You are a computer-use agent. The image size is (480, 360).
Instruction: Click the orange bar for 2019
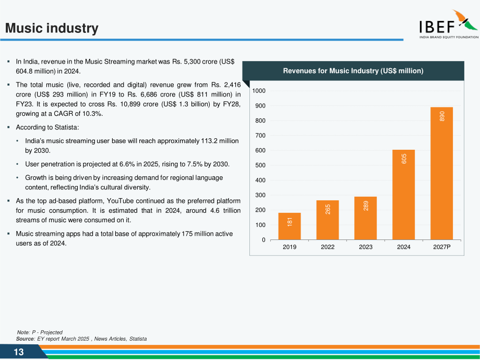point(289,226)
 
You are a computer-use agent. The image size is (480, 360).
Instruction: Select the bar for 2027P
point(441,173)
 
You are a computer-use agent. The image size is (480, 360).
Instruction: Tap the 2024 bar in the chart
point(403,195)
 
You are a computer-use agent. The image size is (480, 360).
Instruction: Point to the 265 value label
point(328,209)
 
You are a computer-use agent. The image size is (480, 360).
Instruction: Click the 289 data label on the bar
point(366,206)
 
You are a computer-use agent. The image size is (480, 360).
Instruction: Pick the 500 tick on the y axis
point(260,165)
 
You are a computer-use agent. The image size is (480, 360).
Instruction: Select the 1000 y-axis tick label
point(259,91)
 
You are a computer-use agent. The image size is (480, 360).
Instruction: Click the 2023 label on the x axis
point(366,247)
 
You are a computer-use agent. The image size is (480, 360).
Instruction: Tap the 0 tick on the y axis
point(263,240)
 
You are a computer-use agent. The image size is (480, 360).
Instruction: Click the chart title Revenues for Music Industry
point(353,71)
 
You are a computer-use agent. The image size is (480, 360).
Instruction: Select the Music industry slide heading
point(52,28)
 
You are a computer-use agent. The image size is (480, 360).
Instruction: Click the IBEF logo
point(449,24)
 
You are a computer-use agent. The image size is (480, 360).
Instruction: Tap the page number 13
point(19,352)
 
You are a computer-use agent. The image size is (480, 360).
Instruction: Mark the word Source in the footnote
point(26,339)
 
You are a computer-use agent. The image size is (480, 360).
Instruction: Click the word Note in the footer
point(23,332)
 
